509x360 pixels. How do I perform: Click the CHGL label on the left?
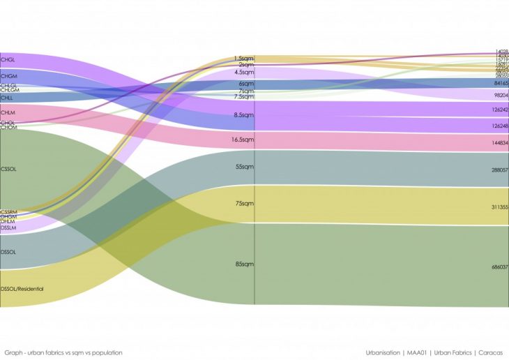9,59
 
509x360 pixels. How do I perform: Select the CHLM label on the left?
8,112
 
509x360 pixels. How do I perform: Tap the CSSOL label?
9,169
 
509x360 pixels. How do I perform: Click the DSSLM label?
8,228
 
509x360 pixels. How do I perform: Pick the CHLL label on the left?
7,98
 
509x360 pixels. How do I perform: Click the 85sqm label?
245,264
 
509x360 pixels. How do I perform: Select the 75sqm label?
245,204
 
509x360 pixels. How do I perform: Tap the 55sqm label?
245,167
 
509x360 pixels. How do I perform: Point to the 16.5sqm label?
243,140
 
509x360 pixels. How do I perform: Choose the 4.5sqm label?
244,72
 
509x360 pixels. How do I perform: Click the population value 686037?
500,267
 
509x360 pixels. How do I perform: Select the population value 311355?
500,207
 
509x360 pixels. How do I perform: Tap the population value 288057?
500,170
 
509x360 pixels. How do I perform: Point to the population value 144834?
500,142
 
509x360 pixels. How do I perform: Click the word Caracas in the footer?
490,352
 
